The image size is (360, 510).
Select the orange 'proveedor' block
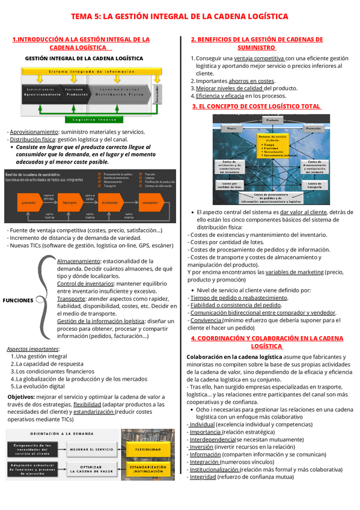(x=29, y=203)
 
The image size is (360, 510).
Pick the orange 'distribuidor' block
(x=109, y=203)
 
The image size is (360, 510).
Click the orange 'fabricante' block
(x=70, y=203)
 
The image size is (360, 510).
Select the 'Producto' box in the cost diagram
(x=272, y=120)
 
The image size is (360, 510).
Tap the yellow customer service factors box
(x=272, y=147)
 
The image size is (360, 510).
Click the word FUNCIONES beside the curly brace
(x=18, y=300)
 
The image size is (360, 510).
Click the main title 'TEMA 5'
(x=180, y=16)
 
